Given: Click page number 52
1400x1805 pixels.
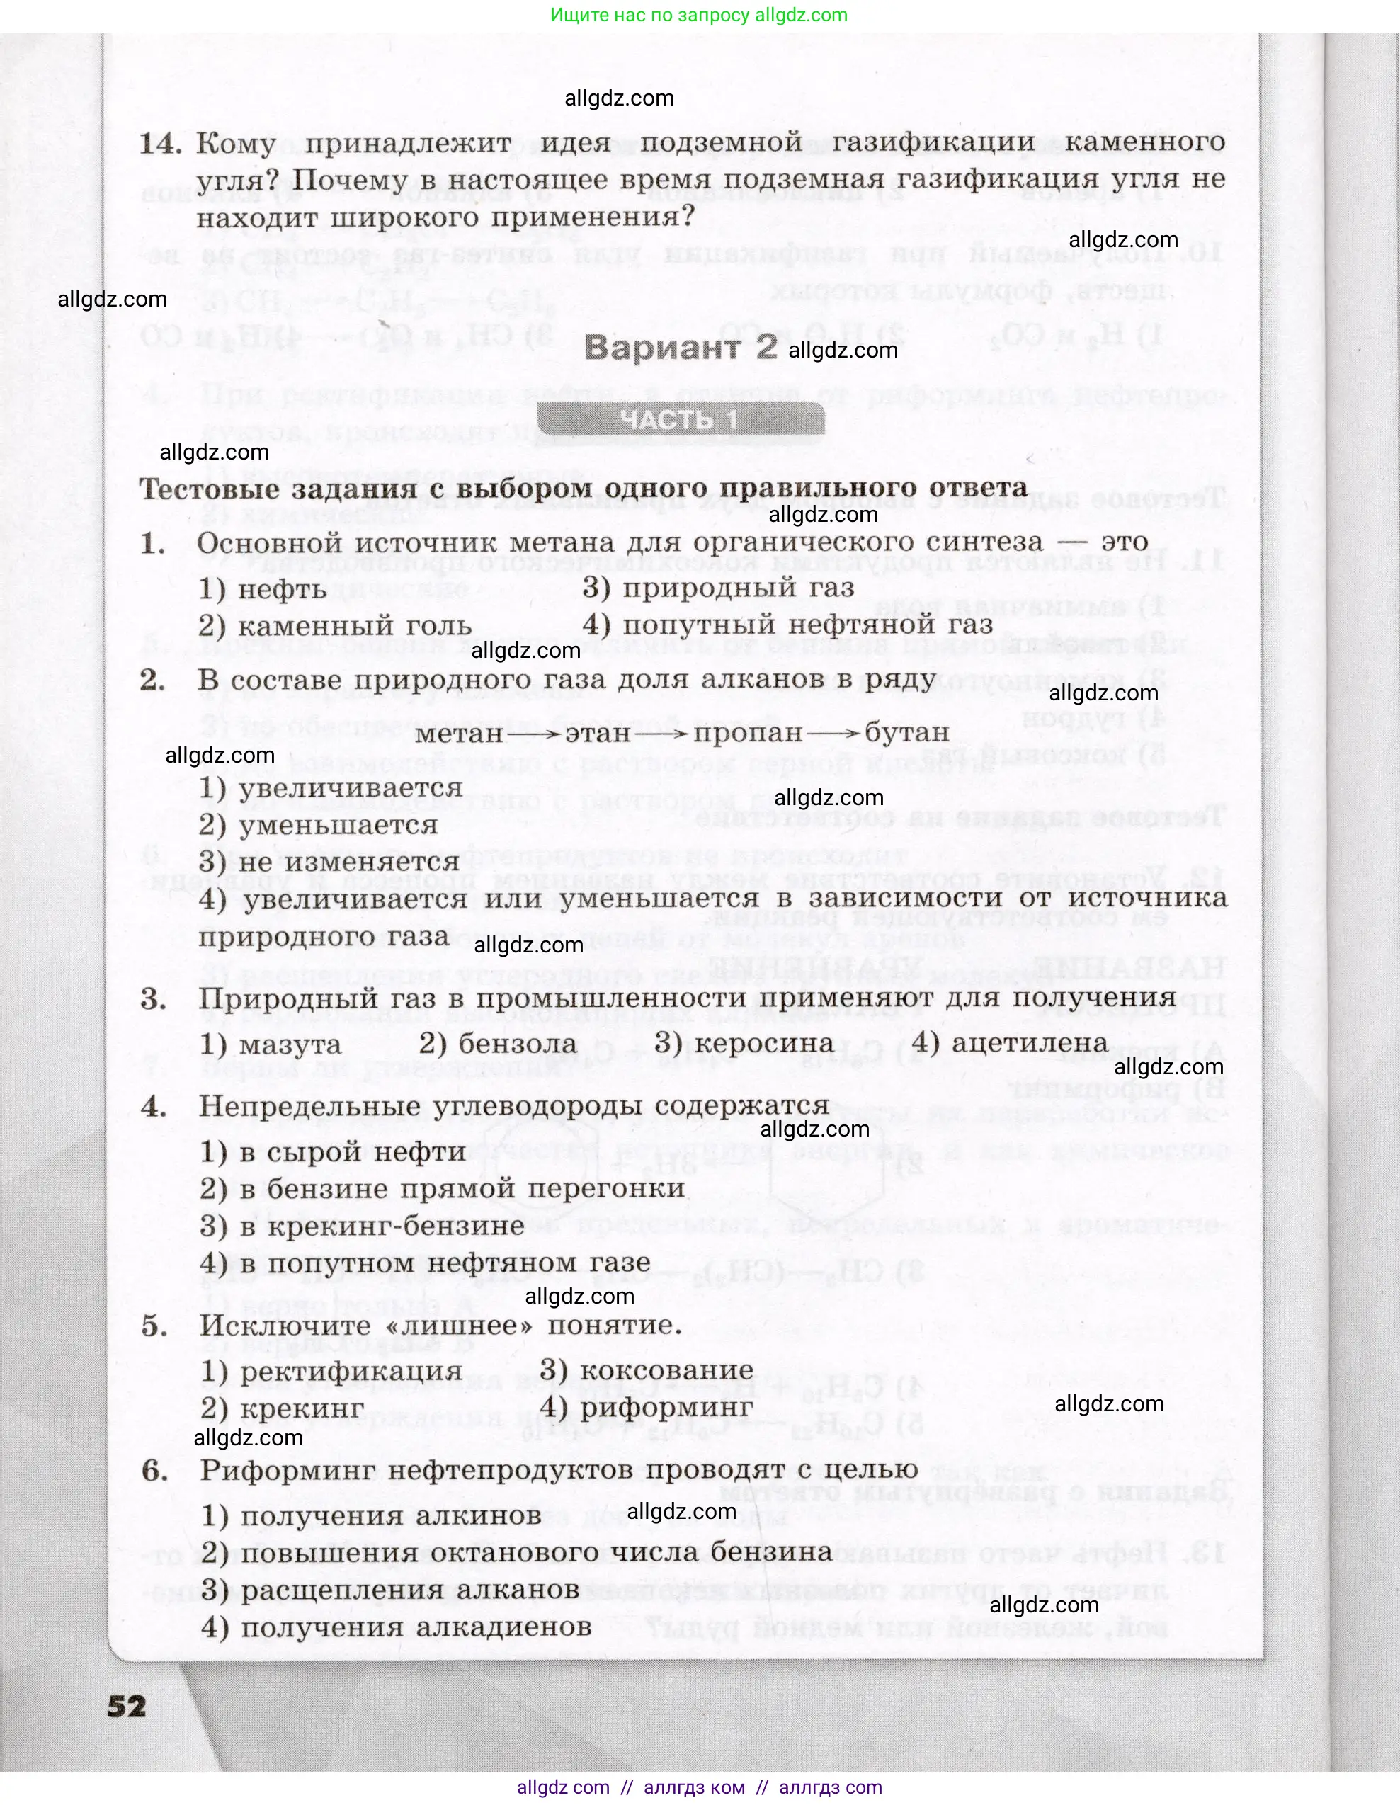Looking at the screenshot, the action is pos(127,1706).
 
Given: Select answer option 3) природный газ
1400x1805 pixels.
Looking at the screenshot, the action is pos(717,588).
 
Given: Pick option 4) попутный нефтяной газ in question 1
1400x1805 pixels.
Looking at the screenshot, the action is pos(787,625).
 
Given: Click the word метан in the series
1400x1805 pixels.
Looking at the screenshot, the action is pos(459,733).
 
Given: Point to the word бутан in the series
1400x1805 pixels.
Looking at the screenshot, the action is pos(906,732).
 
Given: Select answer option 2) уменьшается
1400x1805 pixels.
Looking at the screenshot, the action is pos(318,825).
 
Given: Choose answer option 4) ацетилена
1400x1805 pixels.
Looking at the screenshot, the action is pos(1009,1043).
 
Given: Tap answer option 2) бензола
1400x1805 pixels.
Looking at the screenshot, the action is pos(498,1044).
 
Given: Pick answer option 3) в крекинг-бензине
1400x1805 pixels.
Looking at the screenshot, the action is pos(362,1226).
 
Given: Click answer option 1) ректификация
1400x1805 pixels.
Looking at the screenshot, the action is pos(331,1371).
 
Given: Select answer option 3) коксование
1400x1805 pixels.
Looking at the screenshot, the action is pos(647,1370).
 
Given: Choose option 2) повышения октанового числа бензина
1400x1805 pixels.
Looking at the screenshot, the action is pos(516,1552).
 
